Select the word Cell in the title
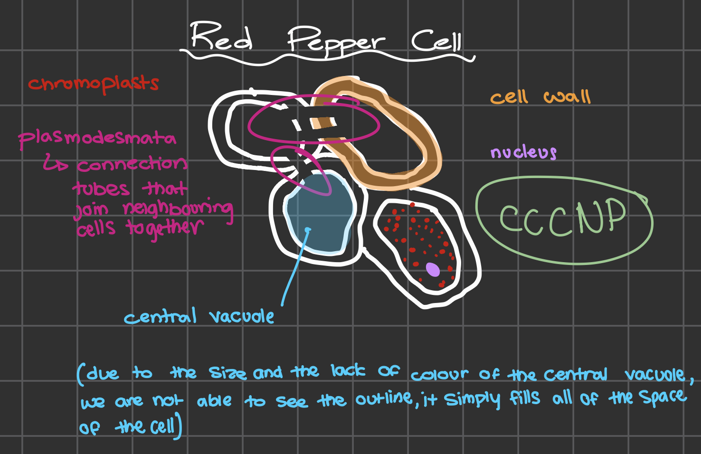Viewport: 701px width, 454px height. coord(436,41)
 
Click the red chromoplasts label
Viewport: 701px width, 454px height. coord(94,84)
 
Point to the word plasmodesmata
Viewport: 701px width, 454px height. coord(97,138)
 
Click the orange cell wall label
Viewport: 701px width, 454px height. coord(540,97)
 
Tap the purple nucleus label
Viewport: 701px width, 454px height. coord(523,152)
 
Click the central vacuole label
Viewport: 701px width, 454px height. coord(199,317)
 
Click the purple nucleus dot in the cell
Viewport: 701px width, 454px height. coord(433,269)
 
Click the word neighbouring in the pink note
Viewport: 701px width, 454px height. coord(178,209)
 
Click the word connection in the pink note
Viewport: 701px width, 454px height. coord(132,165)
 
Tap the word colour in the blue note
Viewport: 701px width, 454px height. coord(439,375)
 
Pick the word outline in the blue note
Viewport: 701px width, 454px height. coord(384,399)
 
